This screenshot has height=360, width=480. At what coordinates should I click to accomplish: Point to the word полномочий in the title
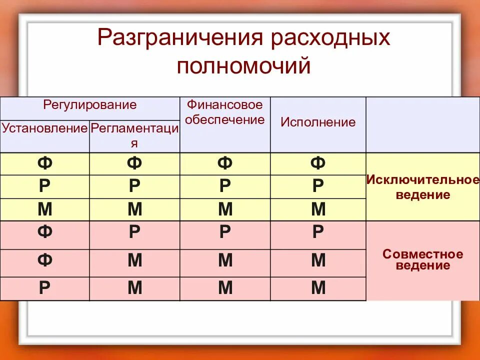(243, 66)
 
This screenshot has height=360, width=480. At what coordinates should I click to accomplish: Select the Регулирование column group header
(90, 105)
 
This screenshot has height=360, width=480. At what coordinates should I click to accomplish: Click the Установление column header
(45, 128)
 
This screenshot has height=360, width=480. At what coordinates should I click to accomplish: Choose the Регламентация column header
(134, 135)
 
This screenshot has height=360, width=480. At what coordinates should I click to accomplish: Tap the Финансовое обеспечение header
(225, 112)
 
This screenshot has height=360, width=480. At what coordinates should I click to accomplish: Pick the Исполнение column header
(318, 122)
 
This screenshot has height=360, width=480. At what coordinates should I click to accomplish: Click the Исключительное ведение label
(422, 187)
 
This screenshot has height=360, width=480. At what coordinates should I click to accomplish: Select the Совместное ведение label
(422, 260)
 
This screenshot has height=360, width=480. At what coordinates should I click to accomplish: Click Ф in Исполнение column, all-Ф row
(318, 163)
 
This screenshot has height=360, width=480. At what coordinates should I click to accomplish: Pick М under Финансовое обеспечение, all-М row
(225, 209)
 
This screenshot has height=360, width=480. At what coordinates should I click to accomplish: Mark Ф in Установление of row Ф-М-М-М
(45, 261)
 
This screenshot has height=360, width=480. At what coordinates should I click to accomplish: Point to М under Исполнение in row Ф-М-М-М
(318, 261)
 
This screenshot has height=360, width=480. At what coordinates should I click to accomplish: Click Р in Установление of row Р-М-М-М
(45, 288)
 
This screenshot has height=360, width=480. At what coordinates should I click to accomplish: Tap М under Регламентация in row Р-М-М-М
(134, 288)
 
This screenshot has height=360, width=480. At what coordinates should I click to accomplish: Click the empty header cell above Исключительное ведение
(422, 124)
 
